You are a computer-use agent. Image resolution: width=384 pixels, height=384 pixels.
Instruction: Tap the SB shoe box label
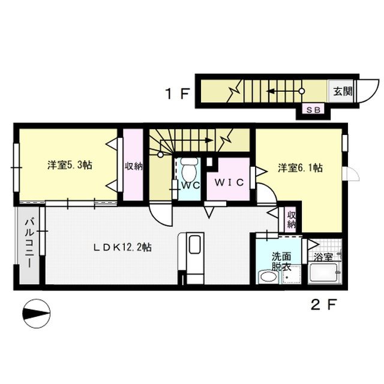(x=314, y=109)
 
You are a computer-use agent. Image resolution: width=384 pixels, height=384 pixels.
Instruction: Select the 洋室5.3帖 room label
(x=70, y=165)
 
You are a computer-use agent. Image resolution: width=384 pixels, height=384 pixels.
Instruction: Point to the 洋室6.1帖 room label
(x=300, y=169)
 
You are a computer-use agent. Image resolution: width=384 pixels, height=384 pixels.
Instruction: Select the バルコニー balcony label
(x=28, y=245)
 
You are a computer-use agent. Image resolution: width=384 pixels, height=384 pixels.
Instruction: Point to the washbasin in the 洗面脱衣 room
(x=266, y=277)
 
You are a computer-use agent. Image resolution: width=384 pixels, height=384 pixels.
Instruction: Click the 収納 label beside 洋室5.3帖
(x=134, y=166)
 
